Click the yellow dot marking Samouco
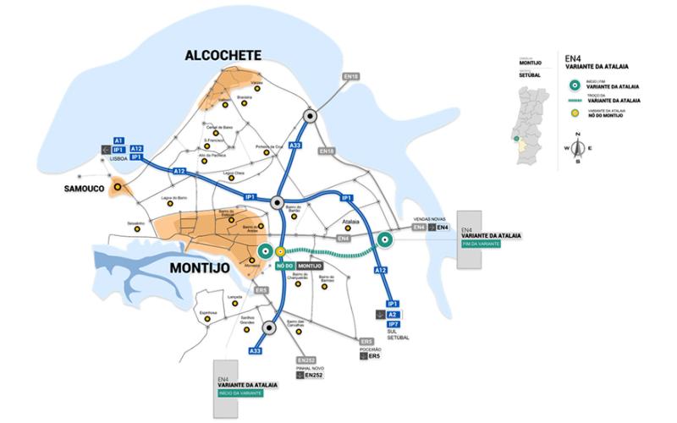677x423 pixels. (x=118, y=188)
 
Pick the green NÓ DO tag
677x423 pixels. (x=284, y=266)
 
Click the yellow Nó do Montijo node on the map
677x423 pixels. (x=280, y=251)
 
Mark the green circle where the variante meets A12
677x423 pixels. (x=383, y=240)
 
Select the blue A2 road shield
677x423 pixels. (x=393, y=314)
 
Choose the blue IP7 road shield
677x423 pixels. (x=394, y=324)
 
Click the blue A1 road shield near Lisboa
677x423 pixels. (x=118, y=140)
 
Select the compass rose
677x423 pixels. (x=578, y=148)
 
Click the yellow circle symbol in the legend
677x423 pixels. (x=575, y=113)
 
